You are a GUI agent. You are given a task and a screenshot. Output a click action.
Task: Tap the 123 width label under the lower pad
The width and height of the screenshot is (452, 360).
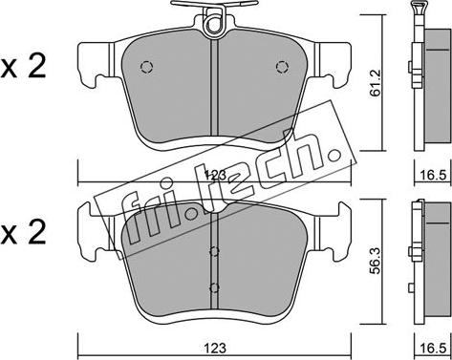[215, 348]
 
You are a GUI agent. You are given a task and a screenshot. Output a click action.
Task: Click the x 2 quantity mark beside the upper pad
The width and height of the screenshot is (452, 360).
[23, 66]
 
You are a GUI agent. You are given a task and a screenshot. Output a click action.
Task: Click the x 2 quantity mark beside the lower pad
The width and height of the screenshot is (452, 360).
[23, 233]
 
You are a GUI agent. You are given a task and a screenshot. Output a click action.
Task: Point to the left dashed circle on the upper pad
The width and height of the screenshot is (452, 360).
[146, 67]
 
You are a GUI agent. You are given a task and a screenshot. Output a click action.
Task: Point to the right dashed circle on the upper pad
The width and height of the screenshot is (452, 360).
[282, 67]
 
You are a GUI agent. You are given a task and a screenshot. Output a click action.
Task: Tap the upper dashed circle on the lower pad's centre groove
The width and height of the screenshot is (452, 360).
[214, 252]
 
